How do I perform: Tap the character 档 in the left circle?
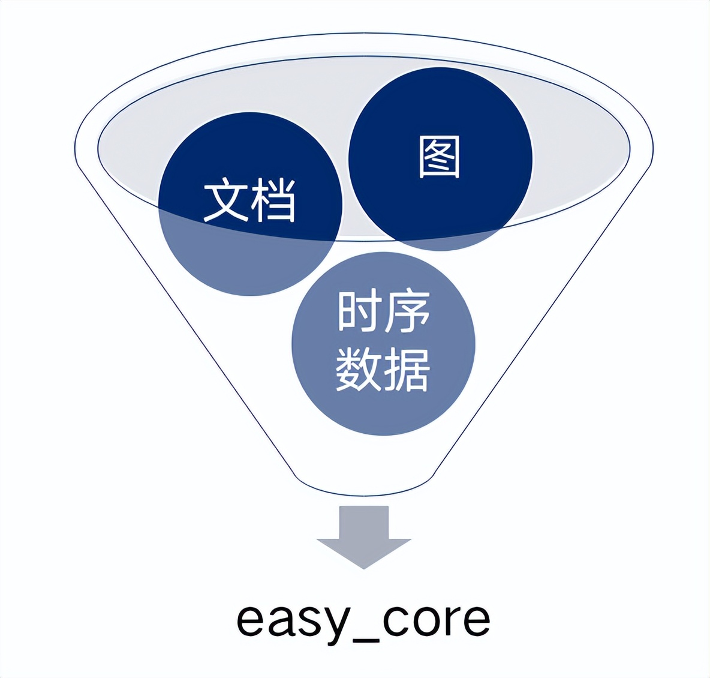tap(273, 200)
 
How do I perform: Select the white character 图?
tap(440, 157)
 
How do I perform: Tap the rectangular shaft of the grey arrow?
tap(364, 522)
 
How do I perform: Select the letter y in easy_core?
tap(333, 624)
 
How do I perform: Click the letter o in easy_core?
tap(429, 620)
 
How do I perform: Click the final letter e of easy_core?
tap(477, 620)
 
